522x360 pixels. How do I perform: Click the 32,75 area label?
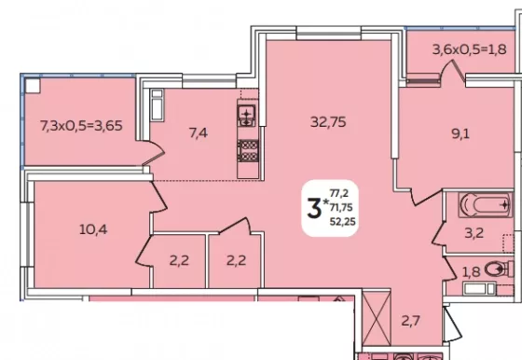328,122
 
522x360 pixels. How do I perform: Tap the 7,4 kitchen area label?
198,133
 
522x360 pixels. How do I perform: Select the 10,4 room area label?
93,229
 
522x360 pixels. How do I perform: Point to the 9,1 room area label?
460,134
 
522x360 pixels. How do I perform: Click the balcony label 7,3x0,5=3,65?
81,126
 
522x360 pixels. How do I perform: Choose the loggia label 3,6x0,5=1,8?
470,49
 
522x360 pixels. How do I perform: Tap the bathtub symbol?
486,205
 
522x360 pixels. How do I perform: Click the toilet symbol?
499,269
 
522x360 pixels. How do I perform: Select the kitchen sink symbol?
246,116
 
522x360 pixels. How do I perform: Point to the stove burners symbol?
248,151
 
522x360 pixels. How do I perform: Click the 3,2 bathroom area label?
474,233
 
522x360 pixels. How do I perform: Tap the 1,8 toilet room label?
472,272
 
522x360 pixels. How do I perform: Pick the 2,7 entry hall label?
410,321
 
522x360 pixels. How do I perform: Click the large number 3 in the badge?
314,208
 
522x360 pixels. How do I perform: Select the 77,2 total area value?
339,193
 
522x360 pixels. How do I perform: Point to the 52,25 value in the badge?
343,221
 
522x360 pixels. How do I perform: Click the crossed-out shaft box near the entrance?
377,319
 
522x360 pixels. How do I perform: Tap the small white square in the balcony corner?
33,86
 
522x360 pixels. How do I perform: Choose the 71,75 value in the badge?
341,207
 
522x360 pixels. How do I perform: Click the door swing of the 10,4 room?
158,197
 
